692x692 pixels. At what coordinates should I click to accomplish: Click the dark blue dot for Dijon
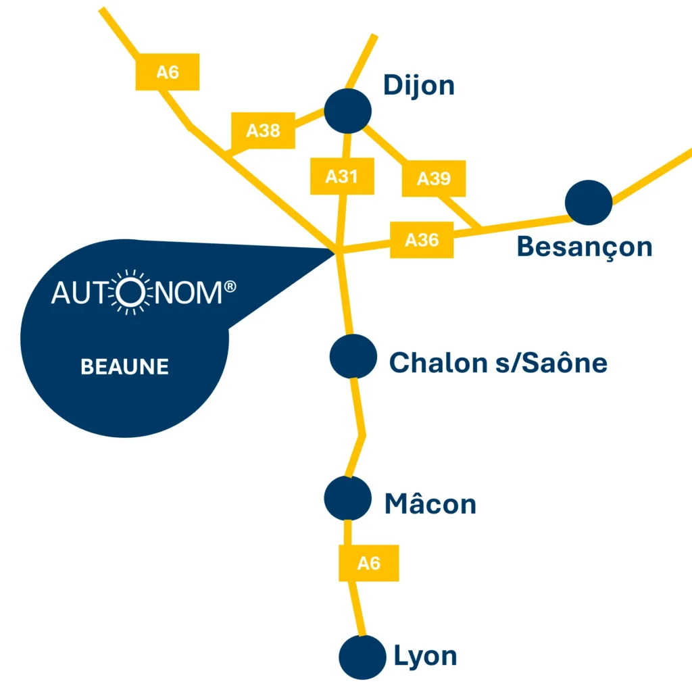[348, 111]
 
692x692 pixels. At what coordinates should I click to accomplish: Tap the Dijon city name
[418, 86]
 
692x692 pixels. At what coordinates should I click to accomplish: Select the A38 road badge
[263, 130]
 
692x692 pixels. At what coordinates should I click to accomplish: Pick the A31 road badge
[341, 176]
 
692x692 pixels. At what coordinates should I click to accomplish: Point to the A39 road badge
[433, 178]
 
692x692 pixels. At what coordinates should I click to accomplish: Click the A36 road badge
[422, 239]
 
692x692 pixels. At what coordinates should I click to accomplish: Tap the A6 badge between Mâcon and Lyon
[368, 563]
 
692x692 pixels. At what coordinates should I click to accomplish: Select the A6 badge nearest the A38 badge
[168, 72]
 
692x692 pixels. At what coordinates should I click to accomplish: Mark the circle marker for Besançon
[589, 202]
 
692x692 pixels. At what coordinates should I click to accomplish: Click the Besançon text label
[585, 247]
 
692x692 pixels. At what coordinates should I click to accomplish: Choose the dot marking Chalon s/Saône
[353, 356]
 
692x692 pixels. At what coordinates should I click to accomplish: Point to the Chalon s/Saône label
[498, 363]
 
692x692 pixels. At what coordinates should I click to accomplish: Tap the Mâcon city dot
[348, 498]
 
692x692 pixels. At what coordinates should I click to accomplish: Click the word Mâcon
[430, 504]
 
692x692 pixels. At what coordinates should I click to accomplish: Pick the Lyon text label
[425, 656]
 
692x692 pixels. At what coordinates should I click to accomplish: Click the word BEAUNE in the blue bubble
[124, 367]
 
